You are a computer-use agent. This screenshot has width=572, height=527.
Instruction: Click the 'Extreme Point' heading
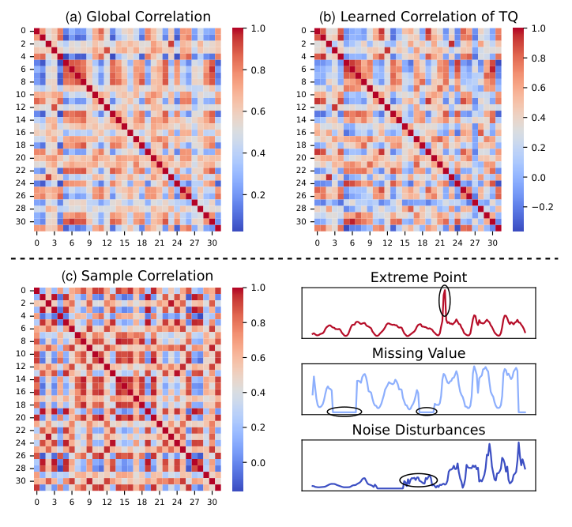[419, 277]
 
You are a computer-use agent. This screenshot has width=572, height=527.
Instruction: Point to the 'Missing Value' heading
[419, 353]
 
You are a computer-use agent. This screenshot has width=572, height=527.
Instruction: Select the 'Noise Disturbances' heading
[419, 430]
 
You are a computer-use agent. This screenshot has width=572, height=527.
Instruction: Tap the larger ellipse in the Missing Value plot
[344, 412]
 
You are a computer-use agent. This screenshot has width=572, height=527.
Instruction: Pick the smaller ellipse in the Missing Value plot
[427, 411]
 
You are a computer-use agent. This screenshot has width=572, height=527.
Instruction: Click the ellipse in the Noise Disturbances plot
[418, 480]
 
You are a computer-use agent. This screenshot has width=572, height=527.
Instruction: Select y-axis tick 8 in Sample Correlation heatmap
[24, 341]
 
